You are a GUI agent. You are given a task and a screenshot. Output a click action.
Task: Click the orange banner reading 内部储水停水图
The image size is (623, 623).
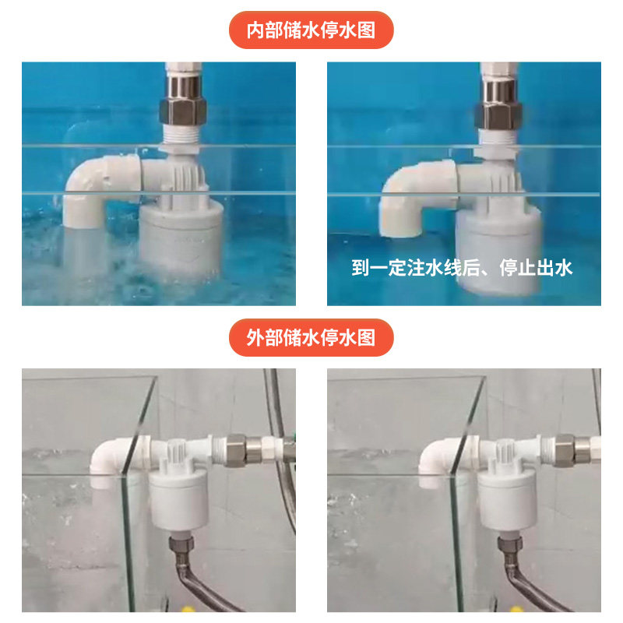311,30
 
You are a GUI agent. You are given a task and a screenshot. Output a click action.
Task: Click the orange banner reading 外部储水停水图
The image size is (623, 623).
311,337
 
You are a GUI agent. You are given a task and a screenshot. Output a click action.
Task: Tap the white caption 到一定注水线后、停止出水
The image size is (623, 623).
462,267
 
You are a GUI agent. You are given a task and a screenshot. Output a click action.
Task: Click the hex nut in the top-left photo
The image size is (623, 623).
183,111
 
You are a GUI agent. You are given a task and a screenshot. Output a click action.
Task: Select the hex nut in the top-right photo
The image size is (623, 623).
498,114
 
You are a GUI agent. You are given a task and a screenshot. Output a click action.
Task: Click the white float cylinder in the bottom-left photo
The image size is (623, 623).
179,498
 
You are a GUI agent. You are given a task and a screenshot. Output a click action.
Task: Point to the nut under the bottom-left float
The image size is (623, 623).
181,543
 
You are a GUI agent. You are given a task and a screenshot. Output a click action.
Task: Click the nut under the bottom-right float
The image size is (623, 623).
509,544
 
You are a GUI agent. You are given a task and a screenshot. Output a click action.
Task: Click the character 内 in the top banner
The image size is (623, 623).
255,30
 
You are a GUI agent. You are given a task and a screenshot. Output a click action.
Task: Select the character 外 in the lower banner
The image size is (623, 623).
255,337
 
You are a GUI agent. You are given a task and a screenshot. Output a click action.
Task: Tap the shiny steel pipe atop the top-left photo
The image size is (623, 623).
183,87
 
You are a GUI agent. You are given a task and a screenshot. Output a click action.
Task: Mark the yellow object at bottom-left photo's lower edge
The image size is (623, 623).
186,609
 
